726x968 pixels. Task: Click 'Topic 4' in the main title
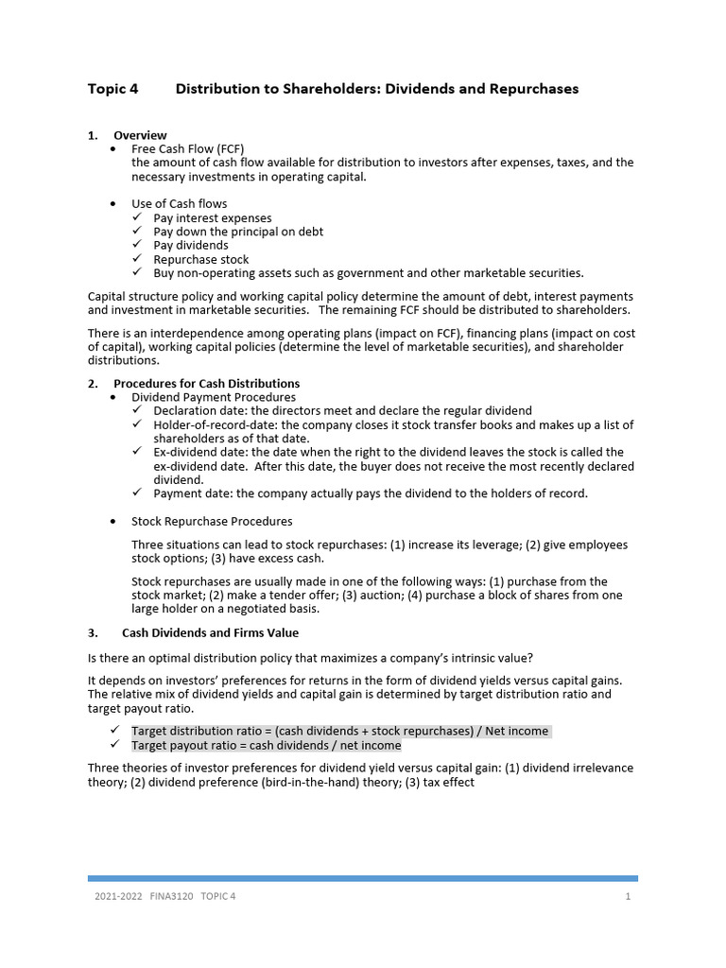(112, 89)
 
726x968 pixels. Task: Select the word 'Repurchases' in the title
(534, 89)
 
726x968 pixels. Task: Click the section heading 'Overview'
(140, 135)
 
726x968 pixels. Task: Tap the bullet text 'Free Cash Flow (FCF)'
(188, 149)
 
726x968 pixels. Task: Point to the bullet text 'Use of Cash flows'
(179, 204)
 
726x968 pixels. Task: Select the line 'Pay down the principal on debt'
(238, 232)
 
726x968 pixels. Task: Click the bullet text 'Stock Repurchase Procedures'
(212, 522)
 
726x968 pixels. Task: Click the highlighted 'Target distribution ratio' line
(340, 732)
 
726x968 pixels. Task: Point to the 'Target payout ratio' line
(266, 746)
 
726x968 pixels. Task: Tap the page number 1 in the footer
(628, 897)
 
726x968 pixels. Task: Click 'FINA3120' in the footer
(171, 897)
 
